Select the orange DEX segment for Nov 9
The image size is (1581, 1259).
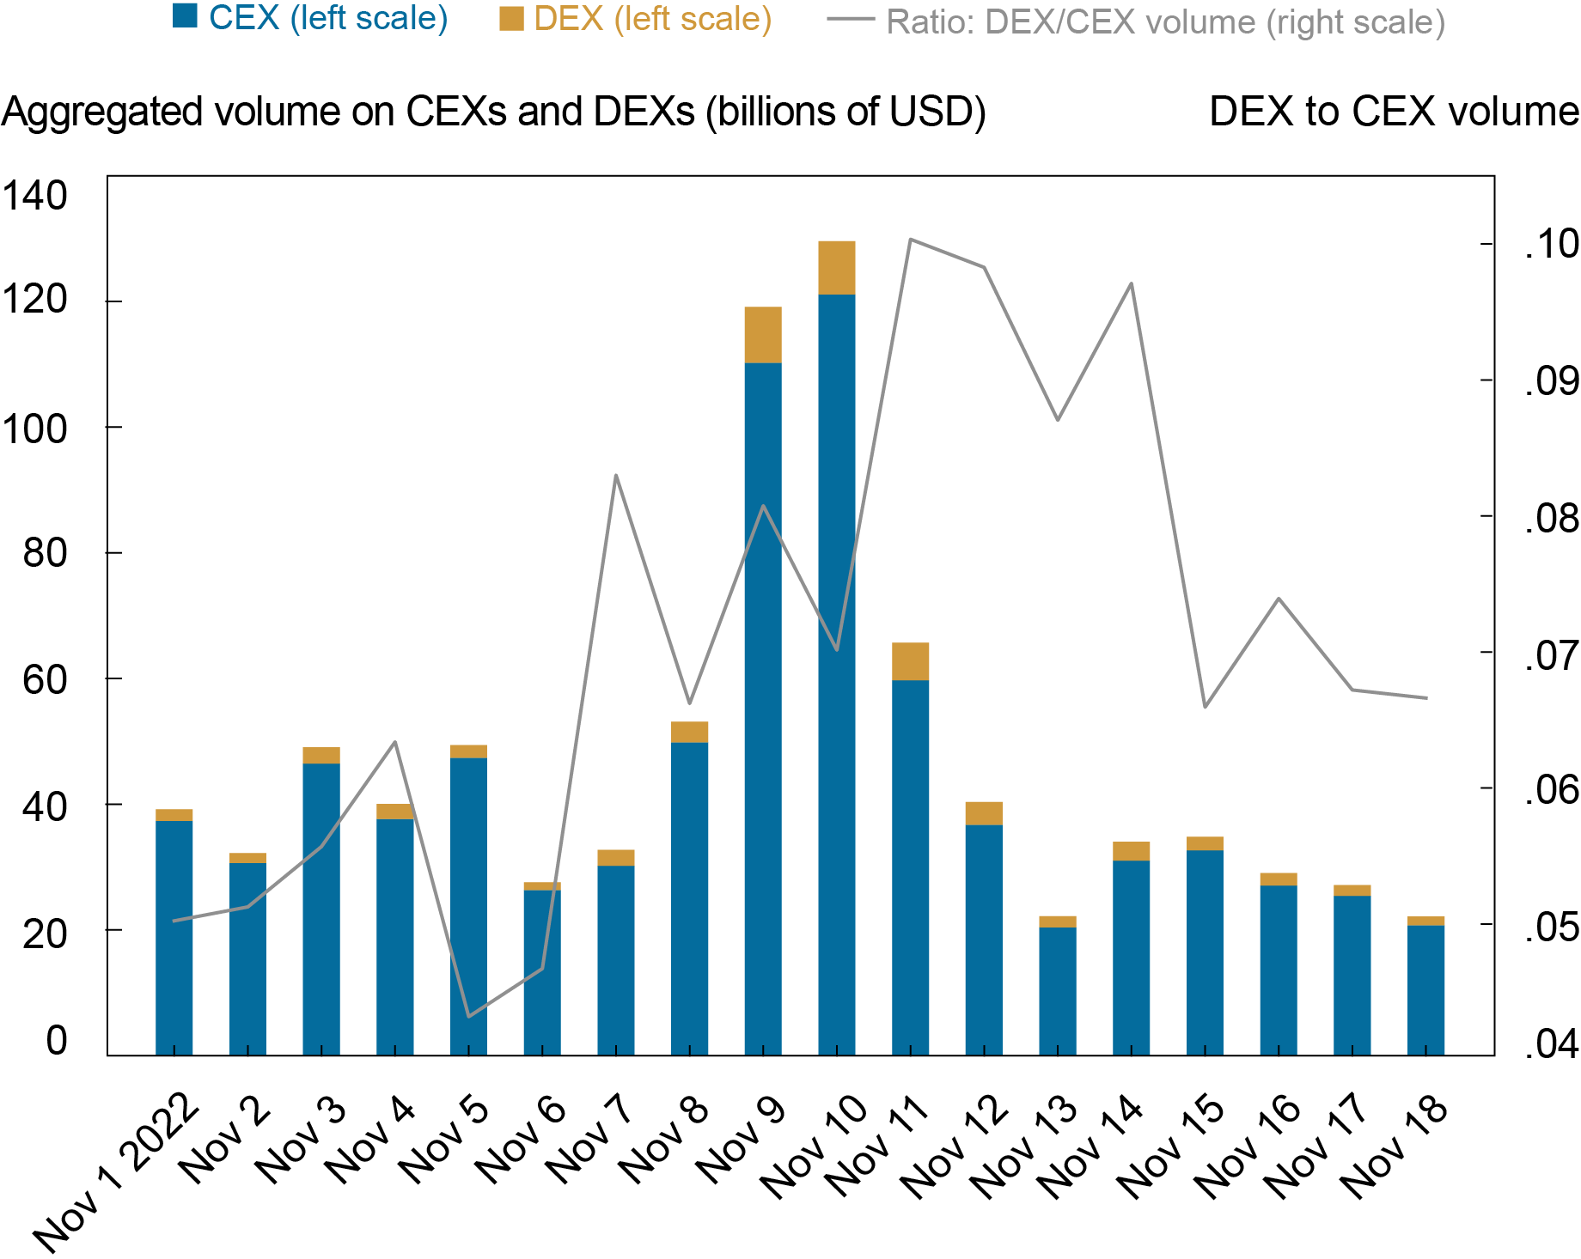point(763,335)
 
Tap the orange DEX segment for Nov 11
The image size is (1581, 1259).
point(910,661)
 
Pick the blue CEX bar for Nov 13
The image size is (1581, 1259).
point(1057,991)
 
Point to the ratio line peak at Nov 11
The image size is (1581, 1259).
point(910,240)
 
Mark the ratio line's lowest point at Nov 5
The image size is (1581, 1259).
point(468,1017)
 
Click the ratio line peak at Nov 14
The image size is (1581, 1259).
point(1131,283)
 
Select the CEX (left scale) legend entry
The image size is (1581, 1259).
point(310,18)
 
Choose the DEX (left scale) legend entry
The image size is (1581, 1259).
point(636,18)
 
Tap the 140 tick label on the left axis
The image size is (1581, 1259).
point(34,196)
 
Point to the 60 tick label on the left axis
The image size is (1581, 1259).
point(45,679)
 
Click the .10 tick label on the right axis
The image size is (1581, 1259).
point(1551,244)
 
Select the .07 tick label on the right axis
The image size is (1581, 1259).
point(1551,656)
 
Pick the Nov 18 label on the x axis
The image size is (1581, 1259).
point(1395,1146)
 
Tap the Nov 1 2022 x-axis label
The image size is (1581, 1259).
point(117,1171)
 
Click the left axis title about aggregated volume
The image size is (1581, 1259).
point(493,112)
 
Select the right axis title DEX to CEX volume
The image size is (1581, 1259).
point(1393,112)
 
